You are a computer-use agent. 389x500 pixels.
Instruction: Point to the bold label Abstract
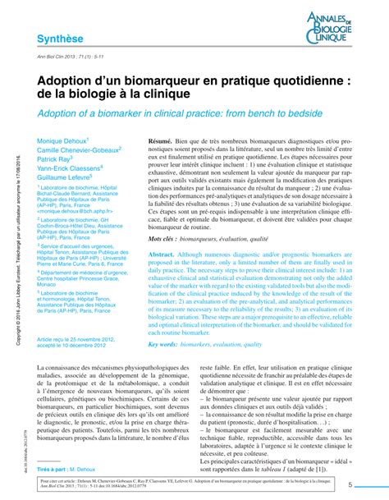tap(161, 256)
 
